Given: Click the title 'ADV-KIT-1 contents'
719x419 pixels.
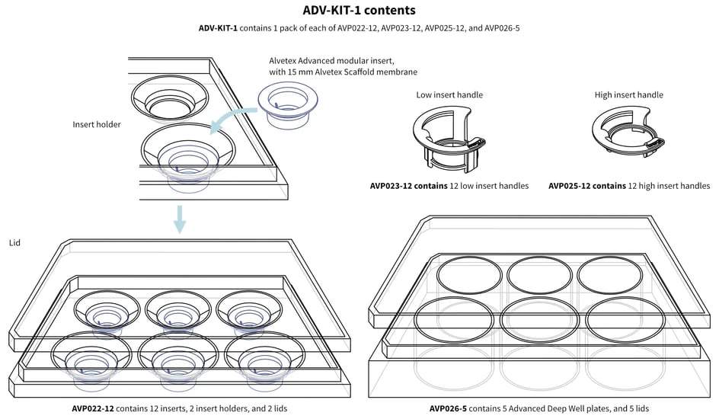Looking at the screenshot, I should click(359, 11).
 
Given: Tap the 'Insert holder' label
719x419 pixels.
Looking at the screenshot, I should click(97, 124).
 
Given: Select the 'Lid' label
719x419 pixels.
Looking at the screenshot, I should click(14, 242).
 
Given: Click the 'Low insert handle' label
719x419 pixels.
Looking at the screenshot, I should click(449, 95).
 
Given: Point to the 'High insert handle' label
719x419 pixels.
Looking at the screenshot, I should click(628, 95).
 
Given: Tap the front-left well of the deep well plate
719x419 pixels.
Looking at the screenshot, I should click(452, 318).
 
